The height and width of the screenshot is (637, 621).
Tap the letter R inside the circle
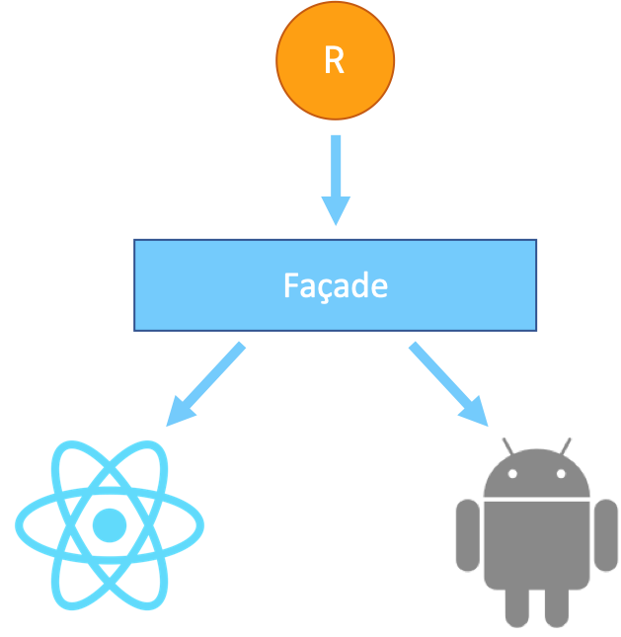pyautogui.click(x=335, y=61)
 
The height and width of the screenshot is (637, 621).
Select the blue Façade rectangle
pyautogui.click(x=197, y=284)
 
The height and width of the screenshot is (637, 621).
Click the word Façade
pyautogui.click(x=336, y=285)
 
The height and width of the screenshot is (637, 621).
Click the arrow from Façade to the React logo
pyautogui.click(x=207, y=383)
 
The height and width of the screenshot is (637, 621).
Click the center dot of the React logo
pyautogui.click(x=109, y=524)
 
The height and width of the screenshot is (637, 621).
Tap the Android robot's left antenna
pyautogui.click(x=506, y=443)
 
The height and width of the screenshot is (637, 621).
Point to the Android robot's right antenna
pyautogui.click(x=566, y=443)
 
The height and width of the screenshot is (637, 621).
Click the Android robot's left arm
pyautogui.click(x=467, y=534)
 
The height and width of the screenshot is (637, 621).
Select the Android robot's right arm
pyautogui.click(x=606, y=534)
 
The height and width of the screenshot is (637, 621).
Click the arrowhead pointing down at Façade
pyautogui.click(x=336, y=209)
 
